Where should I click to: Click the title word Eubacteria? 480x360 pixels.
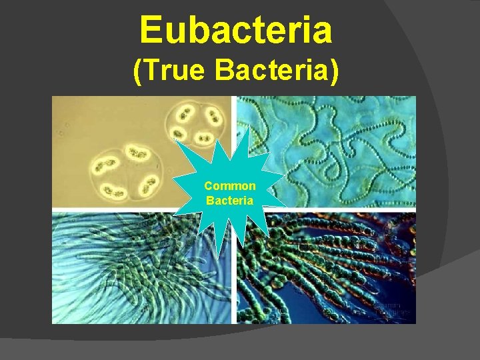(x=235, y=31)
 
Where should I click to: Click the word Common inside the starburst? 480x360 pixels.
(x=229, y=186)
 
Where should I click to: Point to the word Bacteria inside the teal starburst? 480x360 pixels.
(x=229, y=199)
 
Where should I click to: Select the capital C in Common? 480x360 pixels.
(x=208, y=186)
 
